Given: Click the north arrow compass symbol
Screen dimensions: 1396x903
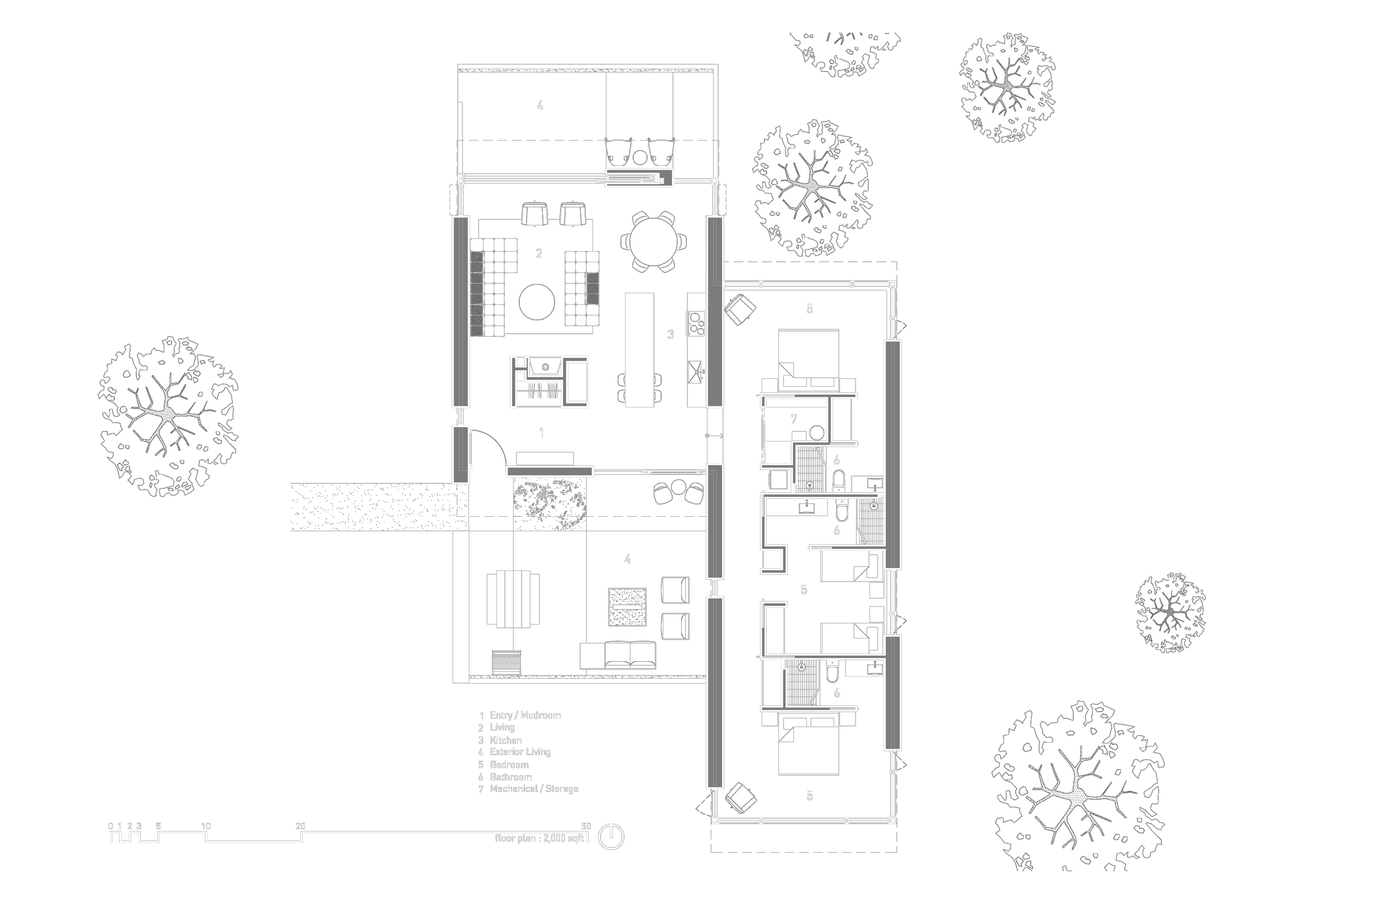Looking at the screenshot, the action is point(610,837).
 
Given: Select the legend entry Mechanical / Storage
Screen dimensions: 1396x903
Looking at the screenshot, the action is point(534,789).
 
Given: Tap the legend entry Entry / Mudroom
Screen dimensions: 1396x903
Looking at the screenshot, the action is point(525,715).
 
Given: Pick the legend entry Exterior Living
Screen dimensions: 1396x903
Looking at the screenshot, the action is point(520,752).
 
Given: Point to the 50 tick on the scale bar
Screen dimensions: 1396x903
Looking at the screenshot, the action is point(586,827).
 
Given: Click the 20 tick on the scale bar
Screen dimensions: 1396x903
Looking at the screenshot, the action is point(300,827).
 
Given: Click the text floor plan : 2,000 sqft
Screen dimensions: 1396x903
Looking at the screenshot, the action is point(539,838).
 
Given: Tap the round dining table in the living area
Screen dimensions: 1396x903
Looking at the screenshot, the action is point(649,241).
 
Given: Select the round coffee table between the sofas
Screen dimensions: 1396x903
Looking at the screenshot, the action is point(537,302).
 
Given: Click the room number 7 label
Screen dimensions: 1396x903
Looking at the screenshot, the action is point(793,419).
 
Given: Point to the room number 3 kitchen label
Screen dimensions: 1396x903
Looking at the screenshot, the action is point(671,335).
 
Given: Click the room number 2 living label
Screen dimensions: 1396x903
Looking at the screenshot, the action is point(539,254).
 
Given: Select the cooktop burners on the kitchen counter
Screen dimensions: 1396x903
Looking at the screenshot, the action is point(696,323).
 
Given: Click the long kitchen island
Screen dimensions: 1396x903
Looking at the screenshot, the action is point(639,349).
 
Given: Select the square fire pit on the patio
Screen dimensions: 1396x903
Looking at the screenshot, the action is point(627,607).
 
